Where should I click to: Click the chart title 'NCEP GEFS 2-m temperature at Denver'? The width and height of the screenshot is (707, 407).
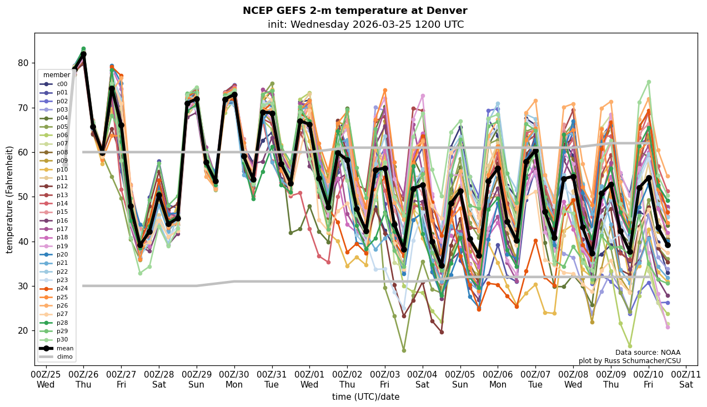tap(355, 11)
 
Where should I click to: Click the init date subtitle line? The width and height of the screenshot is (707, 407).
tap(365, 24)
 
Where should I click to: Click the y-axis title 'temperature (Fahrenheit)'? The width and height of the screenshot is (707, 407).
tap(10, 199)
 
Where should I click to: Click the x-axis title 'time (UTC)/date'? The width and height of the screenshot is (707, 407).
tap(365, 396)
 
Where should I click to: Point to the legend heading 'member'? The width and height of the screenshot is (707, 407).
tap(57, 75)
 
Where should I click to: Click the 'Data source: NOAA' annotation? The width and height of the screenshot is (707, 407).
tap(648, 353)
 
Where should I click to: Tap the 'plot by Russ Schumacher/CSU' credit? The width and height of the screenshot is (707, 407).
tap(629, 361)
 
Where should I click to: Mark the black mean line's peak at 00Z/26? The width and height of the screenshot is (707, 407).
tap(83, 54)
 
